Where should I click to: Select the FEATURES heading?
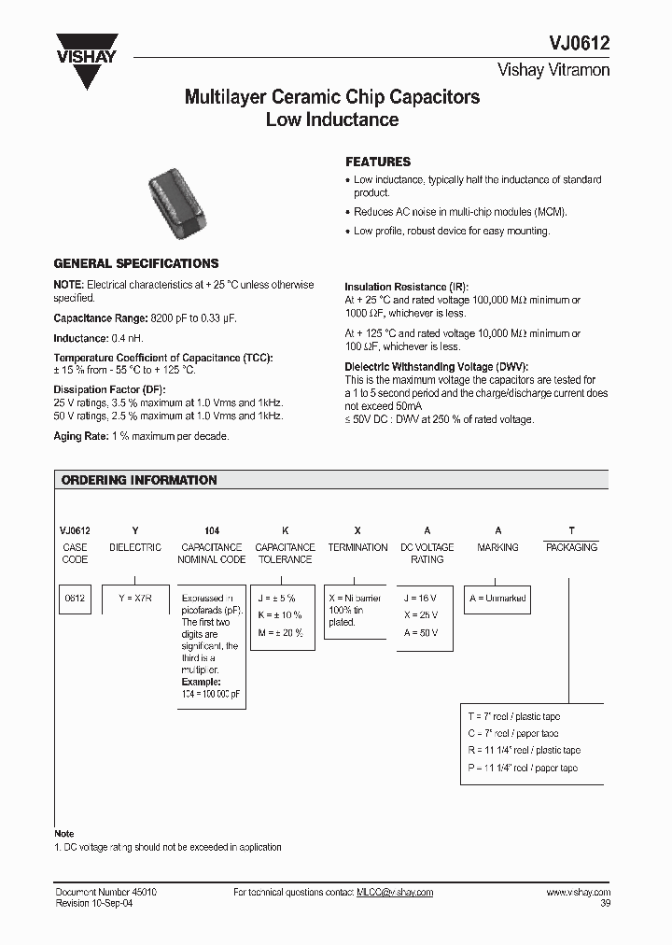pyautogui.click(x=378, y=162)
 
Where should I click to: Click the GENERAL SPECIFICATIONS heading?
pyautogui.click(x=136, y=263)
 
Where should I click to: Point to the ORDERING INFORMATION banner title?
pyautogui.click(x=139, y=480)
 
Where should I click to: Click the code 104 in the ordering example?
pyautogui.click(x=211, y=530)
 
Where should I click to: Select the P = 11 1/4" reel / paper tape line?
pyautogui.click(x=523, y=768)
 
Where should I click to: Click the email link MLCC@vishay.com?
pyautogui.click(x=394, y=893)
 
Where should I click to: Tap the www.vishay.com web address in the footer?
pyautogui.click(x=577, y=893)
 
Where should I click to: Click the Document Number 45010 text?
pyautogui.click(x=105, y=893)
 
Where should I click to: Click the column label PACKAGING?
pyautogui.click(x=570, y=547)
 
